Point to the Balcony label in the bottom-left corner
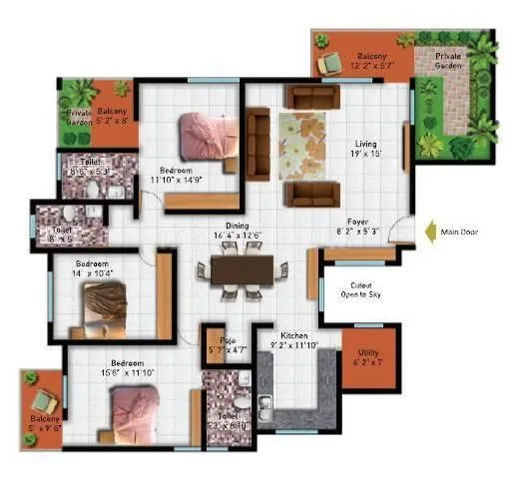point(43,419)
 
